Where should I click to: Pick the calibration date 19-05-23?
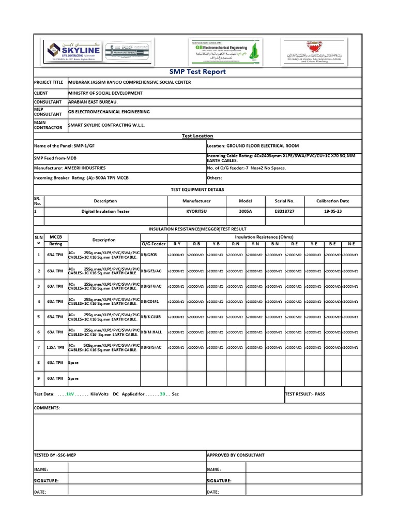coord(332,211)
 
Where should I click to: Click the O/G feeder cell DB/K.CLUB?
coord(152,317)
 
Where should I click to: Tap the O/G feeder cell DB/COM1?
coord(150,301)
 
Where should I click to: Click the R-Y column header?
coord(177,243)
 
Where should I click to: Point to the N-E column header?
coord(352,243)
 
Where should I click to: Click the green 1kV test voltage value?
coord(70,394)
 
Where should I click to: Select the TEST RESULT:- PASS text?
coord(305,394)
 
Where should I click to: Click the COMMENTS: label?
coord(47,408)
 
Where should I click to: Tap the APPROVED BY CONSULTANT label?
coord(235,455)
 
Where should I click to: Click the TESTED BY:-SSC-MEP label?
coord(55,455)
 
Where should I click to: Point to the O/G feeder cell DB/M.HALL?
coord(152,332)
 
